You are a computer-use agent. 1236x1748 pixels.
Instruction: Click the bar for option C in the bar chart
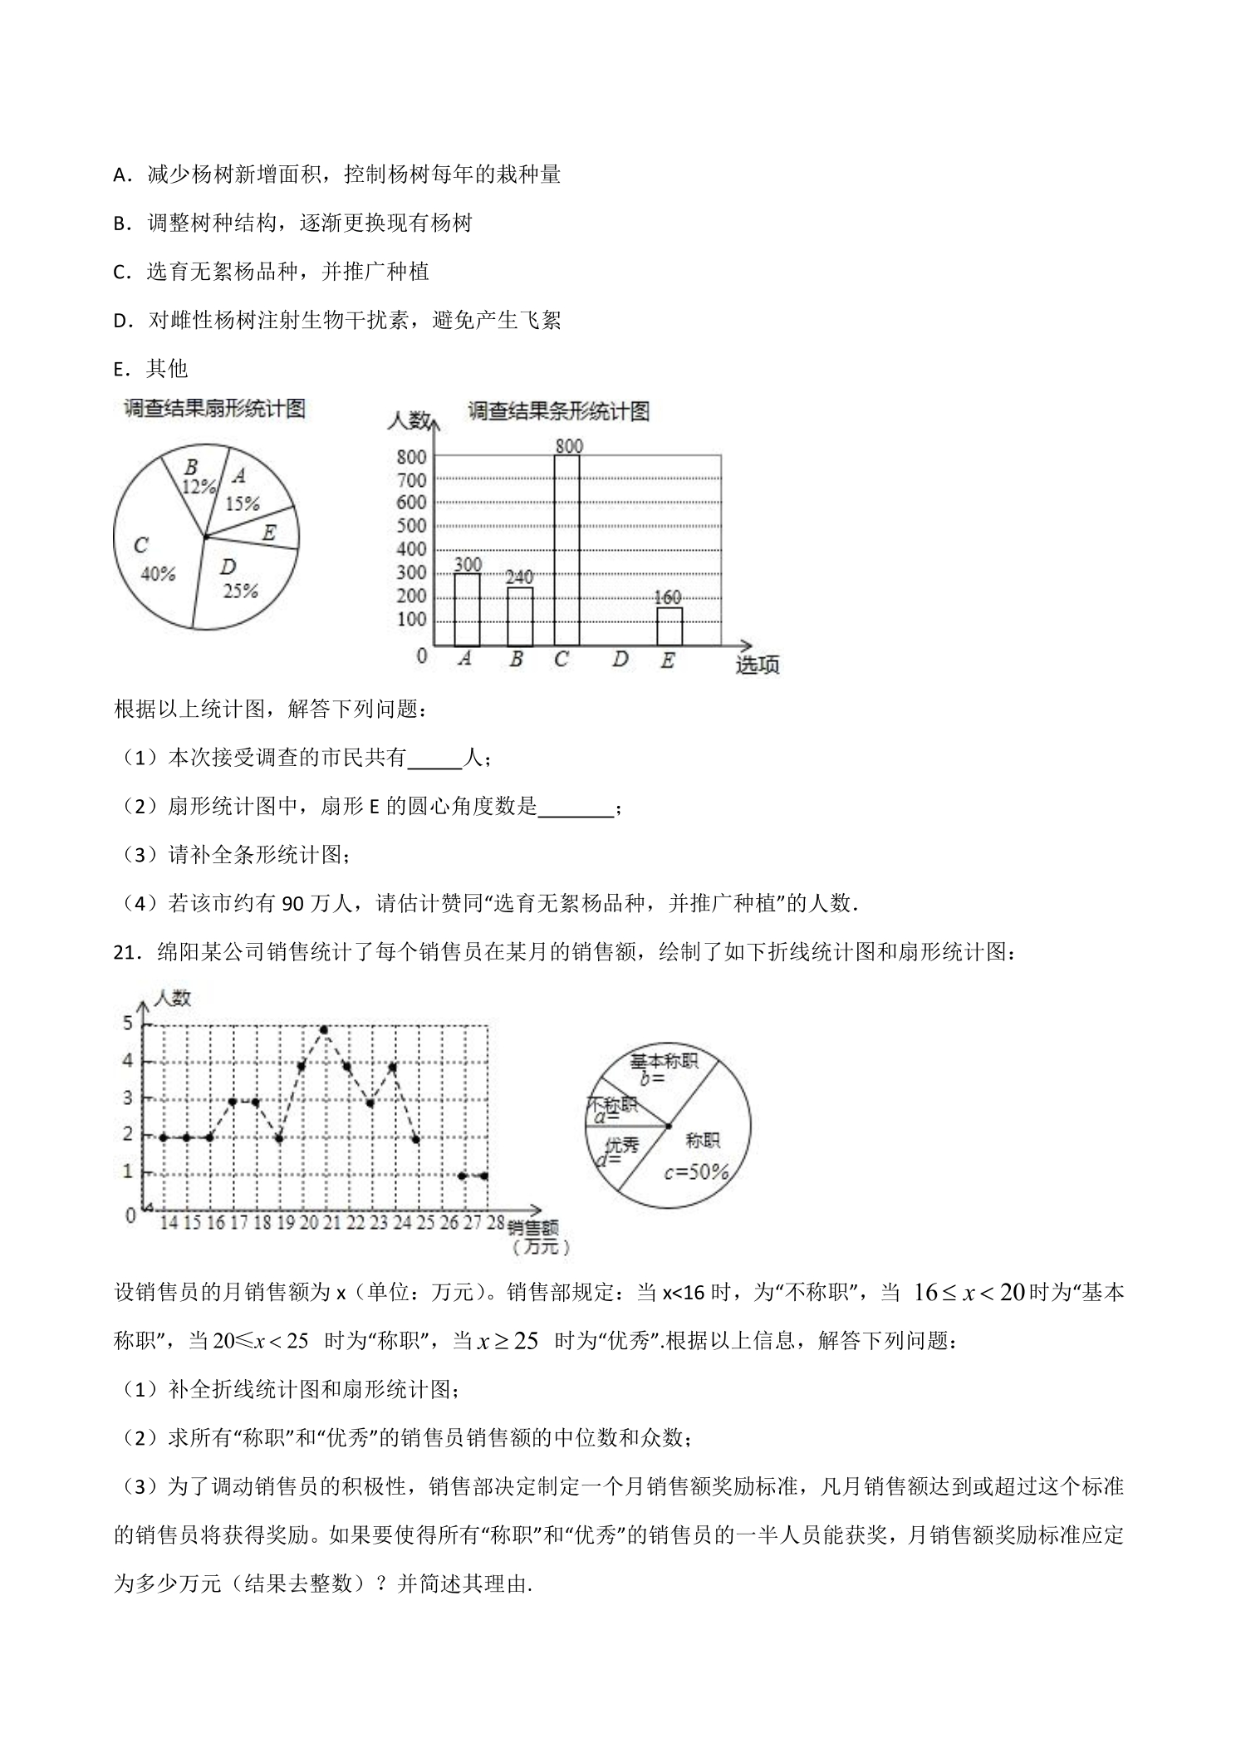tap(566, 550)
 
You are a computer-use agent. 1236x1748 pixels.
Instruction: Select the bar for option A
tap(467, 609)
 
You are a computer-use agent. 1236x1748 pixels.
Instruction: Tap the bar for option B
tap(520, 616)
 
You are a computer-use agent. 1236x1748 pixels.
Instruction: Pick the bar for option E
tap(669, 626)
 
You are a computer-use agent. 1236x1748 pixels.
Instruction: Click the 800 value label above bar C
tap(569, 446)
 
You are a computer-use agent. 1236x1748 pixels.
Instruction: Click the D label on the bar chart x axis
tap(620, 660)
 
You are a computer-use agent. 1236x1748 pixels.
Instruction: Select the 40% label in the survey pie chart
tap(158, 574)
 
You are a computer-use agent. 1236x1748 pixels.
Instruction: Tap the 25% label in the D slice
tap(240, 591)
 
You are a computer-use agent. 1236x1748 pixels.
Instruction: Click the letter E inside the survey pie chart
tap(268, 533)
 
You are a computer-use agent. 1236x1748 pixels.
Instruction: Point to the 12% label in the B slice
tap(199, 487)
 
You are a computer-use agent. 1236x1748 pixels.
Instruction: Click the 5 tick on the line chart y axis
tap(129, 1024)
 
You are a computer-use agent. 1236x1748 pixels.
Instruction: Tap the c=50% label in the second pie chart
tap(696, 1172)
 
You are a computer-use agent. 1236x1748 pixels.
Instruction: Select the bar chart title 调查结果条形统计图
tap(558, 411)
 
